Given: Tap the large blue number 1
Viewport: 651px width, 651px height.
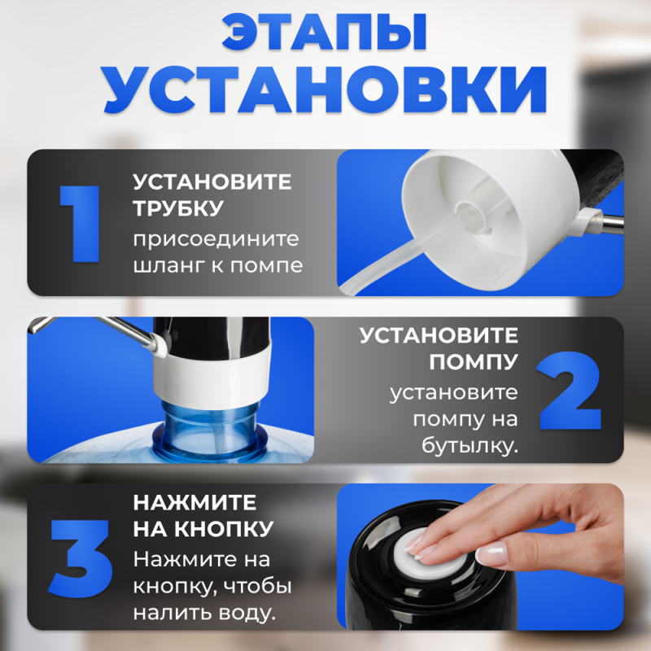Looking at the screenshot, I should (x=81, y=224).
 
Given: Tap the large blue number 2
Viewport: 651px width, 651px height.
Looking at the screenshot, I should (x=569, y=389).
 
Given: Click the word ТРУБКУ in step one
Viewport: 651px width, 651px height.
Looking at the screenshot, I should (x=178, y=208).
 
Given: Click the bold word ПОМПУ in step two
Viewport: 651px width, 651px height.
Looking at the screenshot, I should (x=474, y=360).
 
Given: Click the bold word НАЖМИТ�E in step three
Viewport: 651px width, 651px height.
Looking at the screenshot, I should (x=194, y=502).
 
